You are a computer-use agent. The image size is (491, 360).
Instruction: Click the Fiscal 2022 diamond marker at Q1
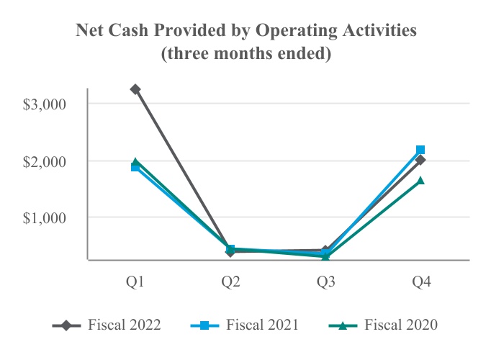(x=135, y=89)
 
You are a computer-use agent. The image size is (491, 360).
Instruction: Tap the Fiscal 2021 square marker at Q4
(x=420, y=150)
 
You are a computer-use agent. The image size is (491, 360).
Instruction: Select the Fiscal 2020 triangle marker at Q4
(x=420, y=180)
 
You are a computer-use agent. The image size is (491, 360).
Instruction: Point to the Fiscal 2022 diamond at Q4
(x=420, y=160)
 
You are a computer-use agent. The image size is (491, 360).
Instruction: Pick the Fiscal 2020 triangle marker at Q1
(x=135, y=161)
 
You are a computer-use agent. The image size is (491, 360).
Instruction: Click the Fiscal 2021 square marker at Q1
(x=135, y=168)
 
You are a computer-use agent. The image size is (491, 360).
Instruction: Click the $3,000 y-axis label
(x=44, y=104)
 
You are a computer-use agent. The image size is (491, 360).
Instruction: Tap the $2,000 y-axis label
(x=44, y=162)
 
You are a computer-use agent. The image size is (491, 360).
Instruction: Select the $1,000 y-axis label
(x=44, y=218)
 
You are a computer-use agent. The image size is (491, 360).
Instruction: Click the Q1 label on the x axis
(x=135, y=282)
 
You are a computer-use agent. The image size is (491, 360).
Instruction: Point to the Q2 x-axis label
(x=230, y=282)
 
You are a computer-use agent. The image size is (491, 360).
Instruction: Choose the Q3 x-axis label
(x=325, y=282)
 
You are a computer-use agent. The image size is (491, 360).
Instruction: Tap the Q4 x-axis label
(x=421, y=282)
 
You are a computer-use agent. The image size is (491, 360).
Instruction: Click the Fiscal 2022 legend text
(x=125, y=325)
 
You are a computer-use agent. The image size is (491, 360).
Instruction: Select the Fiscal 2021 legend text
(x=262, y=325)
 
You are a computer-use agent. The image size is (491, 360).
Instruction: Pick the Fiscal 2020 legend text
(x=401, y=325)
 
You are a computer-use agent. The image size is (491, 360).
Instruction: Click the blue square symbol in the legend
(x=204, y=325)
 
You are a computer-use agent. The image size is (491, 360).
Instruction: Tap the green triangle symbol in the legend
(x=343, y=325)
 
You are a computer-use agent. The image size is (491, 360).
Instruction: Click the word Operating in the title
(x=296, y=31)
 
